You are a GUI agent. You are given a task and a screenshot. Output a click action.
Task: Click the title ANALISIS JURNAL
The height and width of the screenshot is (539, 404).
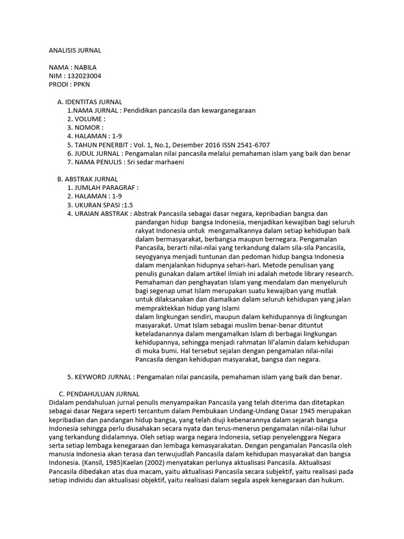point(75,51)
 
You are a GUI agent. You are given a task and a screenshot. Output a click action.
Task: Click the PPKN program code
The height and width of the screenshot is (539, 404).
point(82,84)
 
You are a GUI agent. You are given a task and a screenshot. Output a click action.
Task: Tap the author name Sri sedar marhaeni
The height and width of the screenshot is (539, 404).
point(155,162)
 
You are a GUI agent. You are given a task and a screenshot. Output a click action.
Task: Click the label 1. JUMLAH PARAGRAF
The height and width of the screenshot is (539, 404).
point(102,187)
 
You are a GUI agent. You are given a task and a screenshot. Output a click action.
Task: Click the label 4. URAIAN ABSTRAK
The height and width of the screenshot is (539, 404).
point(98,213)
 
